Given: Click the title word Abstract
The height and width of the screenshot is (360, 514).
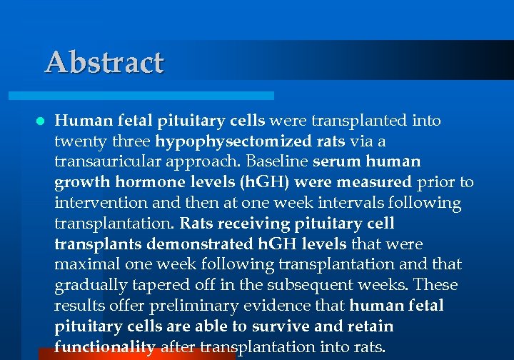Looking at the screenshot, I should (x=104, y=62).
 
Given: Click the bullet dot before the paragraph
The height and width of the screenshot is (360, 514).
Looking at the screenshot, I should (x=40, y=121).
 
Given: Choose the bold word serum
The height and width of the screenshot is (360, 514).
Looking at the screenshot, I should (x=338, y=161).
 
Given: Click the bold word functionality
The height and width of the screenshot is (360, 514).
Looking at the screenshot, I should (x=105, y=347).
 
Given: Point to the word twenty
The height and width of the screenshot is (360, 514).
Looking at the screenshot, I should (x=77, y=141).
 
